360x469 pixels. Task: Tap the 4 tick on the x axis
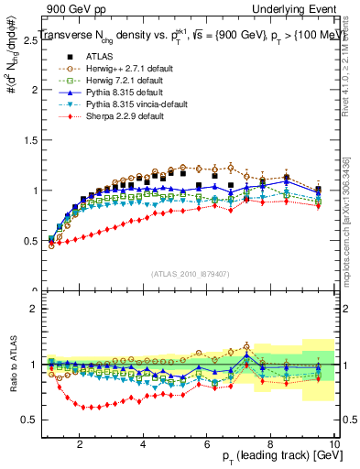143,444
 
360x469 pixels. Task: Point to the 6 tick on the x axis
207,444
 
